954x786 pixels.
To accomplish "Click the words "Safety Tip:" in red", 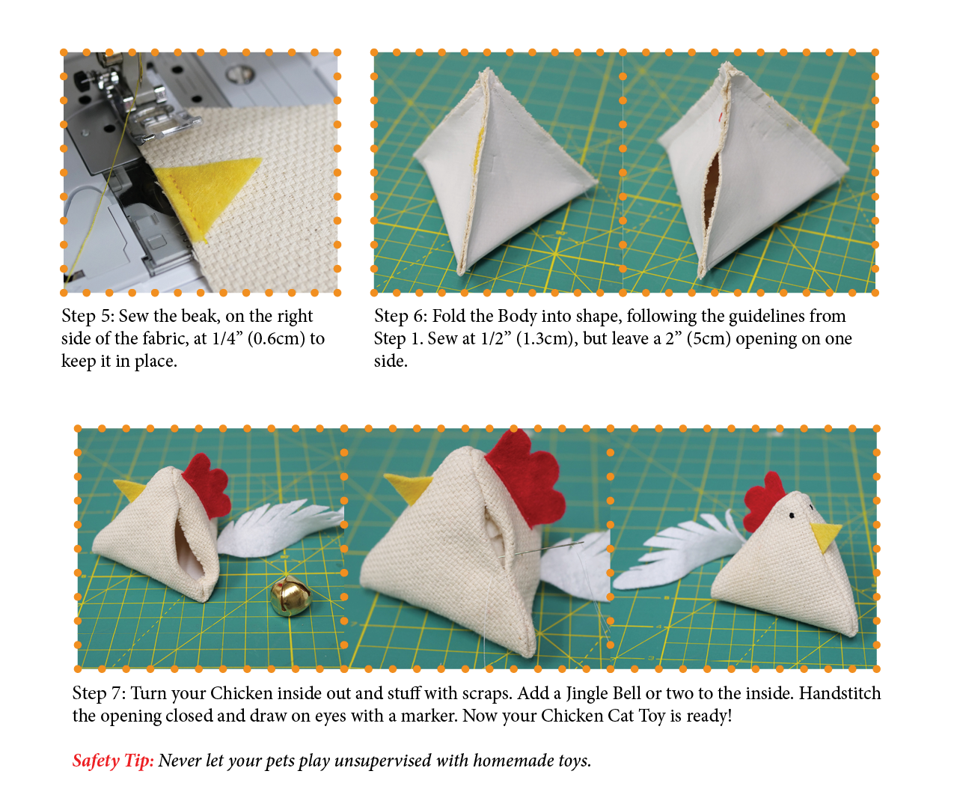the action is (113, 761).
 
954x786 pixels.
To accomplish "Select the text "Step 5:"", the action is (88, 316).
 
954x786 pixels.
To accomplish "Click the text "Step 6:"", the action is (400, 316).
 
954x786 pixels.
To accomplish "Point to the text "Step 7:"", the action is (99, 693).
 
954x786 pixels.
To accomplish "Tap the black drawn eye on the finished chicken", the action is (792, 516).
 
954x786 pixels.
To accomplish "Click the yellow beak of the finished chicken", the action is (825, 537).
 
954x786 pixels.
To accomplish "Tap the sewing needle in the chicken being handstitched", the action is (542, 549).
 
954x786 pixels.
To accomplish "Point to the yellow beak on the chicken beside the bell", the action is (129, 490).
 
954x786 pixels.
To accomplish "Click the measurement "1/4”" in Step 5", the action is (227, 338).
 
